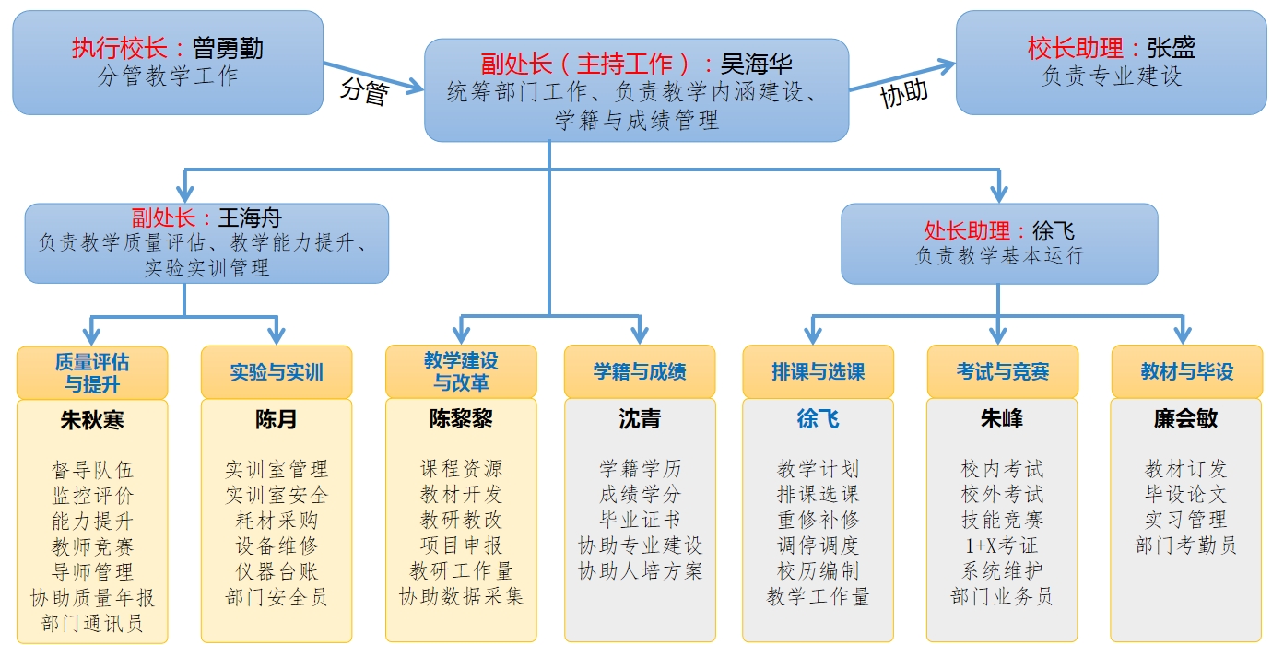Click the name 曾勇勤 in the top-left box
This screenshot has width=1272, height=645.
point(228,48)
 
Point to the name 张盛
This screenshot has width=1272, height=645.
point(1171,48)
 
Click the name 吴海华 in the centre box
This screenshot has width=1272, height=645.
point(757,64)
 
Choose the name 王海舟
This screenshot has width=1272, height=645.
point(250,218)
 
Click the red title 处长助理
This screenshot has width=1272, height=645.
point(967,230)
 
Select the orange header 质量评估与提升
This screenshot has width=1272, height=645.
point(92,372)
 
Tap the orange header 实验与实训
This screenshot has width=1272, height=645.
point(277,372)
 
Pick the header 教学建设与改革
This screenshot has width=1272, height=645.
point(461,370)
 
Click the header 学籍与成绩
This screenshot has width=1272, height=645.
point(640,371)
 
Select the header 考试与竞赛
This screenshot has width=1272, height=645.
point(1002,371)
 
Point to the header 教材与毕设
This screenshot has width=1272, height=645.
point(1186,371)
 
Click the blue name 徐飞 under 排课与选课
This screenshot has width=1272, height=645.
point(818,419)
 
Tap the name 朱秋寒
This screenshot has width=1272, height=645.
point(92,420)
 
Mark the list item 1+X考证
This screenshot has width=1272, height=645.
point(1001,545)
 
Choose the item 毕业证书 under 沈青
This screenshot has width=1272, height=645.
point(640,520)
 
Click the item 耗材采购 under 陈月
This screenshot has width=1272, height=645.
point(277,520)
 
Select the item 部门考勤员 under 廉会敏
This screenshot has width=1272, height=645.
point(1185,545)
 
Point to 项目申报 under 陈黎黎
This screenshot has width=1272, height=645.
point(461,545)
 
